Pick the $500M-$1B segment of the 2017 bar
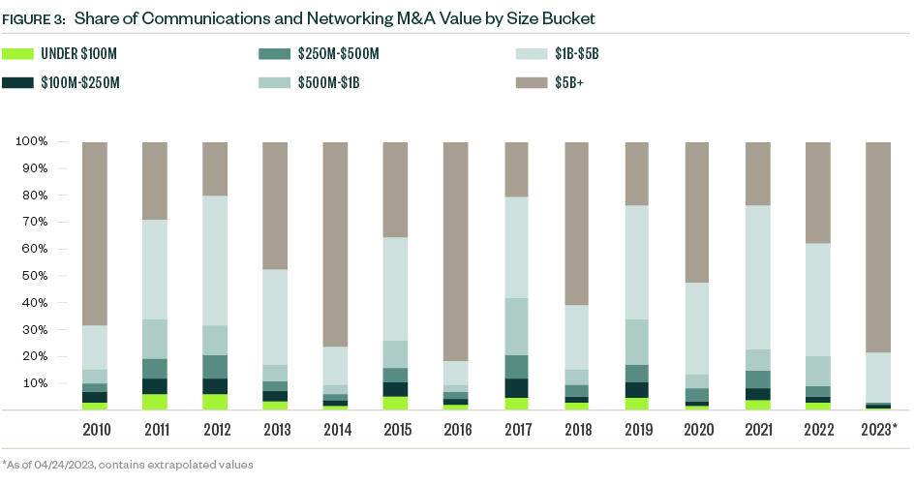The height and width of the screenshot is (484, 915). point(517,326)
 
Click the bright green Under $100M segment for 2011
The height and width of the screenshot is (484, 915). point(155,402)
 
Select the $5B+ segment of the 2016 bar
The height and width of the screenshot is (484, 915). point(456,252)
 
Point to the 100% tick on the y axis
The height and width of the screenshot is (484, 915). point(33,142)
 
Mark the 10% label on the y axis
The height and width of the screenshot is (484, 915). point(36,383)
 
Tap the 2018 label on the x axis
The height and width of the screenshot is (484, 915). point(577,429)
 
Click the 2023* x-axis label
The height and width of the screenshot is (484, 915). point(879,429)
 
